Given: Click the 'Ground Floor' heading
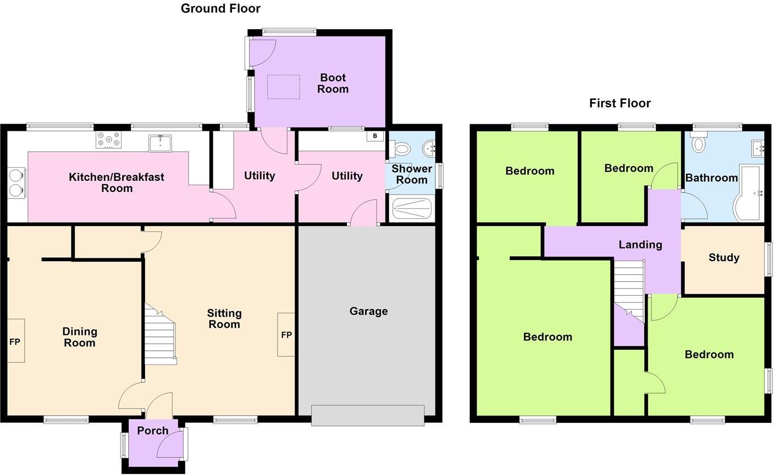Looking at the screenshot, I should [220, 8].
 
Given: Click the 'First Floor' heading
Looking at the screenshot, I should [620, 103].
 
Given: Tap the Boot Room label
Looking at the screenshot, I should [333, 84].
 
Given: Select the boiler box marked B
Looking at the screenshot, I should [375, 136].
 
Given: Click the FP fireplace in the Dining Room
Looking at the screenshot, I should [15, 341].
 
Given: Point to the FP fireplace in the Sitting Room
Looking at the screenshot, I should [286, 334].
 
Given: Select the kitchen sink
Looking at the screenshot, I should [160, 143].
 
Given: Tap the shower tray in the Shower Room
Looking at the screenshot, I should [412, 209].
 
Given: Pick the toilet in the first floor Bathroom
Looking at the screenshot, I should [699, 144].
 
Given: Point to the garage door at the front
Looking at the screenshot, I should [368, 415].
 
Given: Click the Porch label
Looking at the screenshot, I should [153, 430].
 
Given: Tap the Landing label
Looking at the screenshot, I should [640, 245].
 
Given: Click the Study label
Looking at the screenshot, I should [723, 257].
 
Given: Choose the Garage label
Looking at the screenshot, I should [368, 311].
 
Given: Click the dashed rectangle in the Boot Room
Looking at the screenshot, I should [284, 87].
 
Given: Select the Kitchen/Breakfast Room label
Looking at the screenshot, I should [117, 183].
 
